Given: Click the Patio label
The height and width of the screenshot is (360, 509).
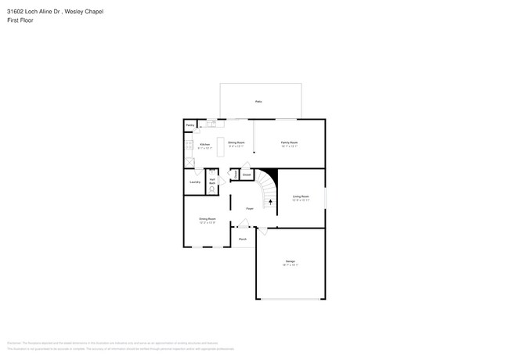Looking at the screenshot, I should tap(258, 102).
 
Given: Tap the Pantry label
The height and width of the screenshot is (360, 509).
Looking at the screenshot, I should tap(190, 125).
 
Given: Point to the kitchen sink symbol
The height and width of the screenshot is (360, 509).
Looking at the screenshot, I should tap(211, 123).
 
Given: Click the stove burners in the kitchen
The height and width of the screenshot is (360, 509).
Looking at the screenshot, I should tap(188, 146).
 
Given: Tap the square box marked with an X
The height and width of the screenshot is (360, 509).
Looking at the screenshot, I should tap(190, 162).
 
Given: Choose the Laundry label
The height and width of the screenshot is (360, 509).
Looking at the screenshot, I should tap(195, 182).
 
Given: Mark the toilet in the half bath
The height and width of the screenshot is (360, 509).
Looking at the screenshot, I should tap(212, 189).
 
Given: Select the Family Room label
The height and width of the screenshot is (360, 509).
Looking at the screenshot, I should tap(290, 142).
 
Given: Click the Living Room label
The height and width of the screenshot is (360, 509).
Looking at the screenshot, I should tap(301, 196).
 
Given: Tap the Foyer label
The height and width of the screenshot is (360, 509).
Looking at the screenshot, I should tap(249, 208).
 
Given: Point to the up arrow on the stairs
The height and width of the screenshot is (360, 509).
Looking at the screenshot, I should tap(271, 201).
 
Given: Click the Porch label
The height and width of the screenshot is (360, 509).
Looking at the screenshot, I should tap(243, 238).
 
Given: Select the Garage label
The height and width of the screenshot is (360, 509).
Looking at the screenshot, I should tap(290, 261).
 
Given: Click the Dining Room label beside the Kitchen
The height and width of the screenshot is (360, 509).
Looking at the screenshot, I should tap(236, 142).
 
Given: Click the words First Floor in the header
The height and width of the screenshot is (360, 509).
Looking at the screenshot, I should tap(21, 20).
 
